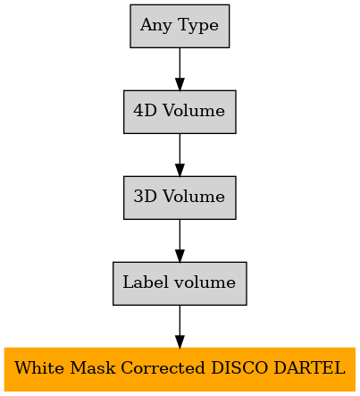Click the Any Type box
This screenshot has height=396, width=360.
[180, 26]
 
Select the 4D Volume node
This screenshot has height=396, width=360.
[180, 112]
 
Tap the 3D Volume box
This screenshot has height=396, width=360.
[180, 198]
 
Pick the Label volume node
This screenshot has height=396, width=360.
[180, 283]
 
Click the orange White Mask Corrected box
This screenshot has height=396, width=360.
[180, 369]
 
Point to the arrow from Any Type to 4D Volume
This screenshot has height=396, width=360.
[180, 69]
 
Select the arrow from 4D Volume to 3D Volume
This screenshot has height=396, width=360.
[180, 155]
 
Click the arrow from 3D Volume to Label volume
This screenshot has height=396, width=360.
[180, 240]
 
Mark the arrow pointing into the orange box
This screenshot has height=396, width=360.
[180, 326]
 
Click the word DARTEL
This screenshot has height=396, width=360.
[309, 368]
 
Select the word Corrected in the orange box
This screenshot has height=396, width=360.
[163, 368]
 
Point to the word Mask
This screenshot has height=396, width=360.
[92, 368]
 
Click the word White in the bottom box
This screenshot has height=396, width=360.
[39, 368]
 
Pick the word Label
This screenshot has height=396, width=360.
[146, 282]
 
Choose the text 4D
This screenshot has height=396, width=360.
[145, 111]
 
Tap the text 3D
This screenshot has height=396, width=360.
[145, 197]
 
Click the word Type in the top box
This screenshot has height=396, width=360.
[198, 26]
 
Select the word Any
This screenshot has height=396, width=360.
[156, 26]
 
